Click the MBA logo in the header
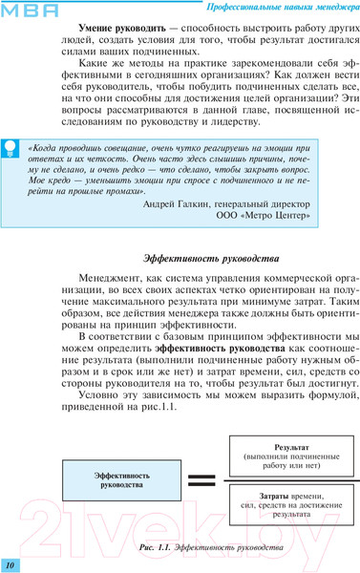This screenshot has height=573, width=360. tap(31, 10)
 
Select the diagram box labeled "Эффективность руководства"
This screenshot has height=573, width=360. tap(117, 478)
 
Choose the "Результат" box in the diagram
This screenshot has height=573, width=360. tap(291, 455)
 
